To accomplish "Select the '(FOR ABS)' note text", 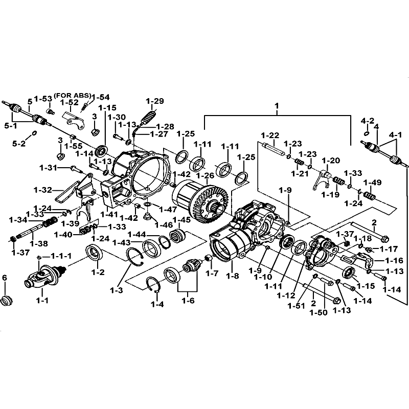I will [x=73, y=96].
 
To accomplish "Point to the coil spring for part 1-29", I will [x=148, y=117].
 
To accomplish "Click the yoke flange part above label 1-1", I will [x=43, y=277].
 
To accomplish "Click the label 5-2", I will [x=18, y=144].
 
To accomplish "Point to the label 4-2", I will [x=368, y=121].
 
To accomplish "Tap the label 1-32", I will [x=43, y=190].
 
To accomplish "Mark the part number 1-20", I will [x=331, y=160].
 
